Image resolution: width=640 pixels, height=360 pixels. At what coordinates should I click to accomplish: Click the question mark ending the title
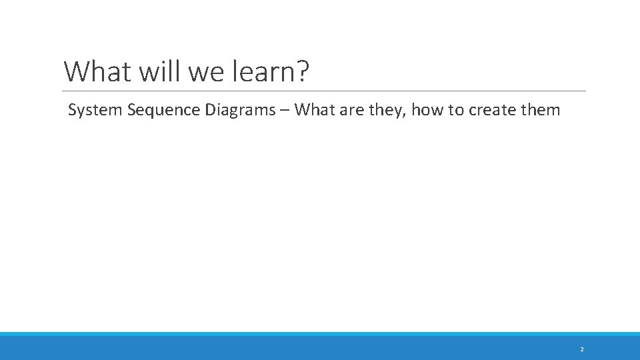tap(303, 71)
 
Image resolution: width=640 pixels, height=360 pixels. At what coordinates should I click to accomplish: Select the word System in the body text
tap(95, 110)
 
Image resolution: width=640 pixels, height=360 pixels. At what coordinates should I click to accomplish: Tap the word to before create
tap(456, 110)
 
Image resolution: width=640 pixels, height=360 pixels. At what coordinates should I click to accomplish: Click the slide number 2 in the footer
tap(581, 349)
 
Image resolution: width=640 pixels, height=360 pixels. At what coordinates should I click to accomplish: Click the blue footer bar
tap(320, 347)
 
